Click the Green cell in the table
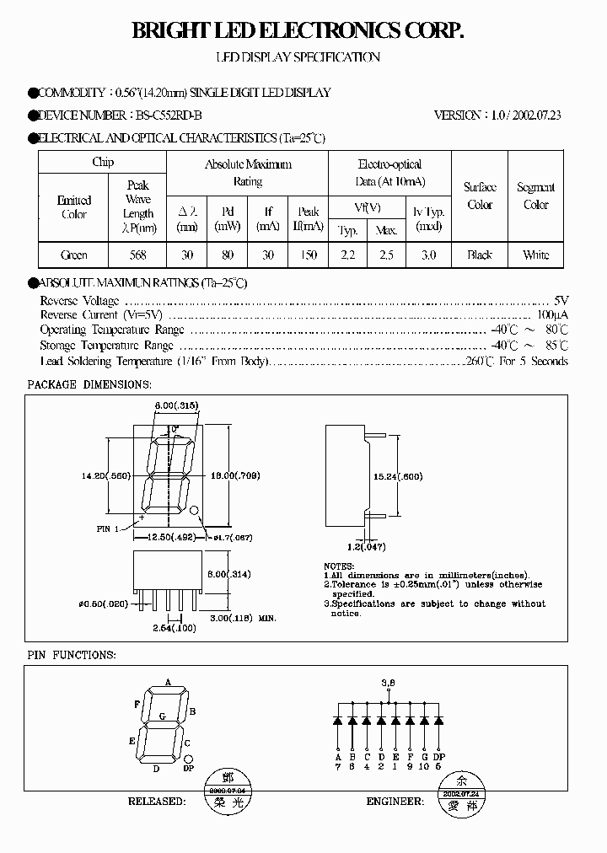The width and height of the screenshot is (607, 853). pos(74,255)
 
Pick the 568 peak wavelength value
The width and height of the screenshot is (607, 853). pos(138,255)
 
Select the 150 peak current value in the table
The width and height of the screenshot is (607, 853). pos(309,255)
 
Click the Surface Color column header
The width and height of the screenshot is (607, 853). pos(480,196)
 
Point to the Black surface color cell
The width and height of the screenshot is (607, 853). pos(480,255)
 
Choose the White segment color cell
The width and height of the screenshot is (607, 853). pos(535,255)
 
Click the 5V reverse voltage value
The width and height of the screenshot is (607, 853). pos(561,300)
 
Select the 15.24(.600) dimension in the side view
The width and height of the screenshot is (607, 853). pos(398,476)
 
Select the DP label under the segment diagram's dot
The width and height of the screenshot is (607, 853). pos(188,770)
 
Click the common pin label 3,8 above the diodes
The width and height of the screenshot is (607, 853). pos(388,681)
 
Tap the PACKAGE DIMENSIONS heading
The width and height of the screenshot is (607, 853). pos(89,384)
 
